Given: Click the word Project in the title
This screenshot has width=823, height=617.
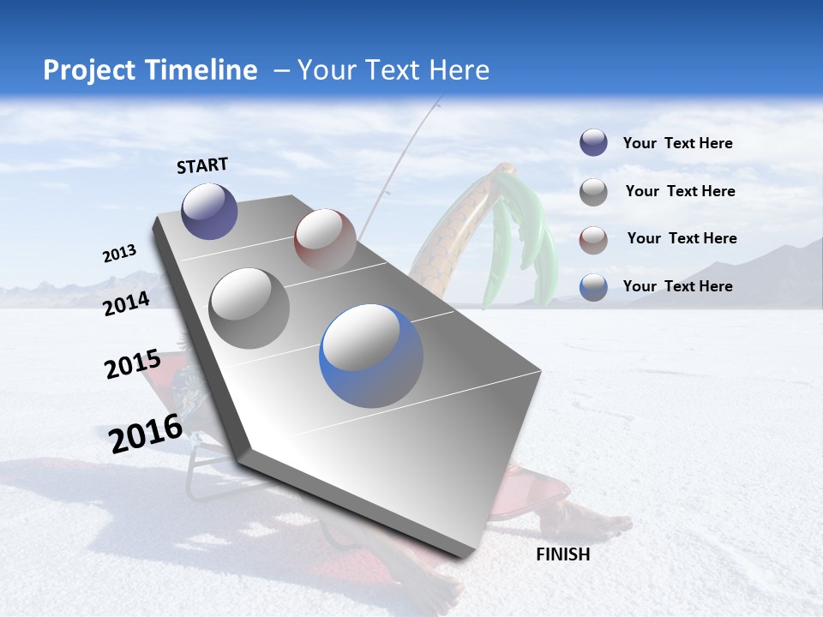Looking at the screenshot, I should point(88,70).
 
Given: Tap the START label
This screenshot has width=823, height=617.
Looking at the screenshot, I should point(202,165).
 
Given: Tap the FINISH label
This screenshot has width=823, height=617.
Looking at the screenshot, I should point(563,554).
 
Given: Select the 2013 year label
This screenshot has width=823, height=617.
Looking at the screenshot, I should point(119,254).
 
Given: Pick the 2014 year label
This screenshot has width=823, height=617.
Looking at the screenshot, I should point(127,303).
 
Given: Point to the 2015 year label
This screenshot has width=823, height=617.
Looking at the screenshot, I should point(133,364).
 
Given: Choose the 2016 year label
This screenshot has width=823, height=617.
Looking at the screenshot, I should point(146,433).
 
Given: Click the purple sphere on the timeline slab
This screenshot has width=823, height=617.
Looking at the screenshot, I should point(209,211).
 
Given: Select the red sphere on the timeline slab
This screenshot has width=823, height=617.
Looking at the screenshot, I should point(325,239).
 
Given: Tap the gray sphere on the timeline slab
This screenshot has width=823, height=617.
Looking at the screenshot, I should point(249,308).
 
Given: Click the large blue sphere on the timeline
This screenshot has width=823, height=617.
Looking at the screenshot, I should point(371,356).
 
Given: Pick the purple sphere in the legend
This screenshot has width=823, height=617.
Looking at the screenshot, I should point(593,143).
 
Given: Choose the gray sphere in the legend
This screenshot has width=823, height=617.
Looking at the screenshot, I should point(593,192).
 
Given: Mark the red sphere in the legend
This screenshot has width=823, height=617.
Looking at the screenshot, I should point(593,240).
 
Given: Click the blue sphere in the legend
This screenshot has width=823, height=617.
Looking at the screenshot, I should point(593,287).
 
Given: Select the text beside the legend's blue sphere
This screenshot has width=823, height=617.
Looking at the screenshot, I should point(677,286).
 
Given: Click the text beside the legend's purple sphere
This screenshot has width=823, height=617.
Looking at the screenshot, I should point(677,143).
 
